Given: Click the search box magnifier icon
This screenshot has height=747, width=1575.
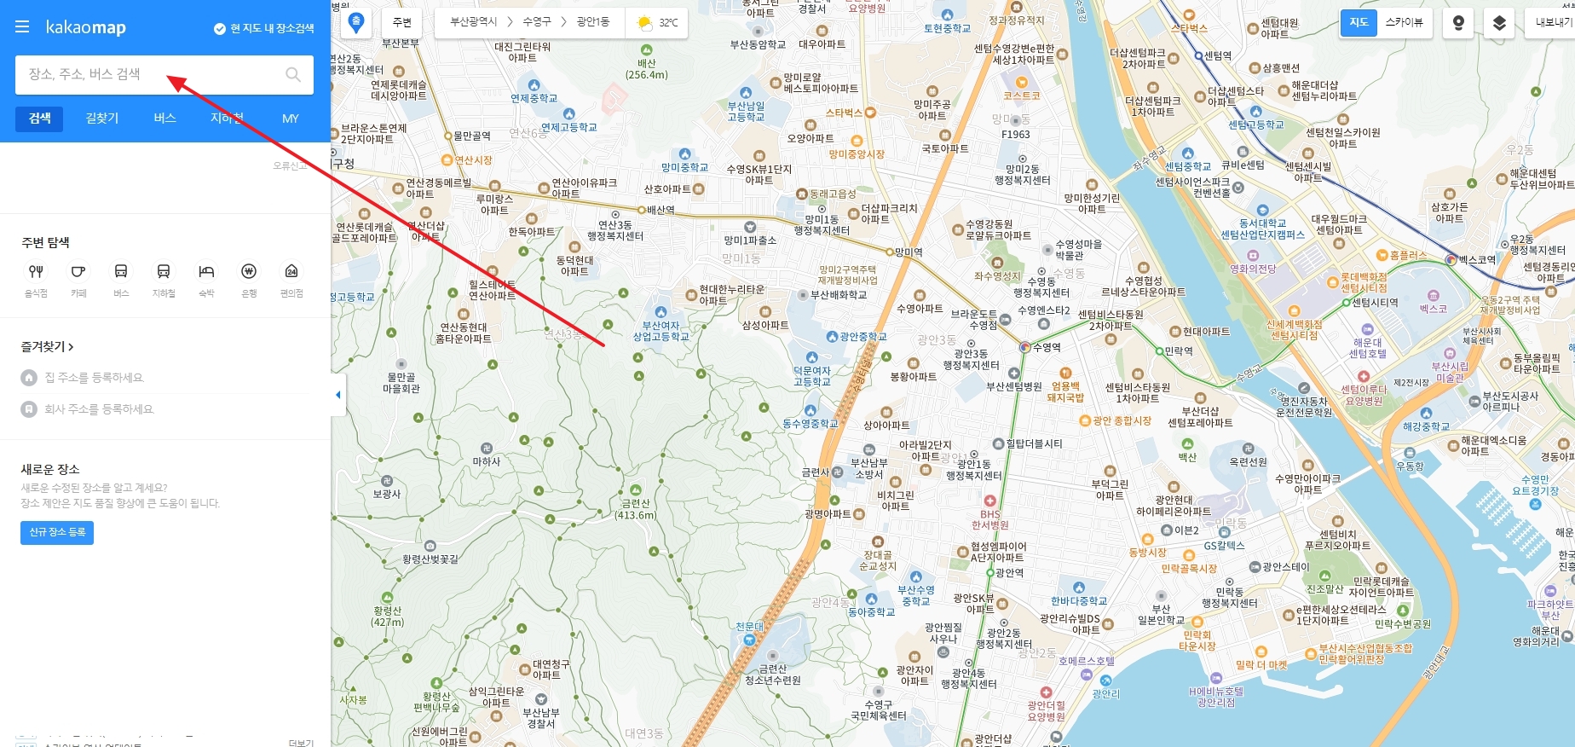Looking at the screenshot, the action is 293,74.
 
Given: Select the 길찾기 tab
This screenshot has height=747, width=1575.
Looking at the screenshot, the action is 102,119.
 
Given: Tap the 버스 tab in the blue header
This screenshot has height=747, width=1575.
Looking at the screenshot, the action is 164,119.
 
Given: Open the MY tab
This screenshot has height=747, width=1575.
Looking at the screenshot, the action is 290,119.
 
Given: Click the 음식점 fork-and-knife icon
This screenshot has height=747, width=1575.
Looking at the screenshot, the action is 36,272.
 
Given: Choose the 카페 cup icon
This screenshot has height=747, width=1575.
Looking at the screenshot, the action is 78,272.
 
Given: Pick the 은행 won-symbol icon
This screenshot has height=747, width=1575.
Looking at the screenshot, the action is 249,272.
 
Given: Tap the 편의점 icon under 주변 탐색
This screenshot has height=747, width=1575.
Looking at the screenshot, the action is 291,272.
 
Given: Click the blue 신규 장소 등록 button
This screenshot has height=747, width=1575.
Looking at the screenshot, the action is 57,532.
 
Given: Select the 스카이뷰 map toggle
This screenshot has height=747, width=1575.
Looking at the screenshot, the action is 1404,22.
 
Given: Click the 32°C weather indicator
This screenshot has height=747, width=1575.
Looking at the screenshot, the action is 658,22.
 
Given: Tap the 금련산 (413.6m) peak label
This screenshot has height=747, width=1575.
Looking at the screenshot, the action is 636,509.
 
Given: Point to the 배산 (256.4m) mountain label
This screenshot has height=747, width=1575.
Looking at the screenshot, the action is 647,68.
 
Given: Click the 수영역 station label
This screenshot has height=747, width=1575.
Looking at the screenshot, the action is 1046,347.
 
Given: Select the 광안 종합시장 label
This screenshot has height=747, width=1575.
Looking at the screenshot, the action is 1121,420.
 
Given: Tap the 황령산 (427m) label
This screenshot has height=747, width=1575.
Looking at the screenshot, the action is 387,616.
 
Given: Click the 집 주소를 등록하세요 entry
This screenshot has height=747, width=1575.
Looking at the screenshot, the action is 94,378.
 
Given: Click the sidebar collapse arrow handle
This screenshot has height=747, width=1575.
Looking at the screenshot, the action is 338,395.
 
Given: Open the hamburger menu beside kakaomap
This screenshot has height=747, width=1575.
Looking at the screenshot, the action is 22,27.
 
